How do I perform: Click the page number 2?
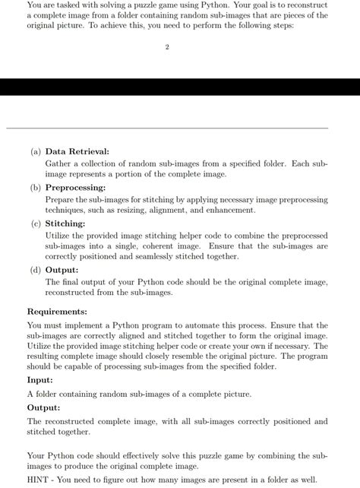[x=167, y=47]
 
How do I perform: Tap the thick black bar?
[x=180, y=87]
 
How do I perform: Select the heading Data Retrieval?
[x=77, y=152]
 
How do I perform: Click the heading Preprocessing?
[x=76, y=188]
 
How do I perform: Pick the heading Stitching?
[x=65, y=224]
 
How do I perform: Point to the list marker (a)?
[x=36, y=152]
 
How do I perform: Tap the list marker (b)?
[x=36, y=188]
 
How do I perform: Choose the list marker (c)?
[x=36, y=224]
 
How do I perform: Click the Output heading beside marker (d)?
[x=62, y=270]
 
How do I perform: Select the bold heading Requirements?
[x=57, y=312]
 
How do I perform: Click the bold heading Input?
[x=40, y=380]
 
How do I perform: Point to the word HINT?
[x=39, y=480]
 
